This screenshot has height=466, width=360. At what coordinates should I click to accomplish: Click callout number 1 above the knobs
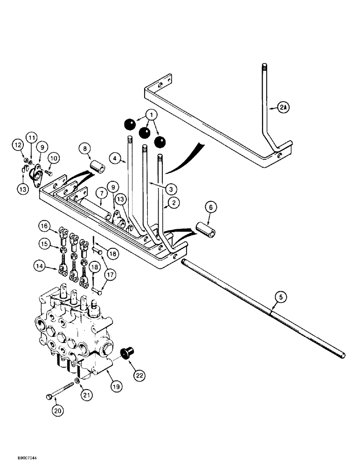(150, 114)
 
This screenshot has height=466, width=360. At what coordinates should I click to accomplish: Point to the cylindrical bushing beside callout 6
(208, 231)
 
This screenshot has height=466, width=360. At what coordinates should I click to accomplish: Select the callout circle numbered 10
(52, 158)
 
